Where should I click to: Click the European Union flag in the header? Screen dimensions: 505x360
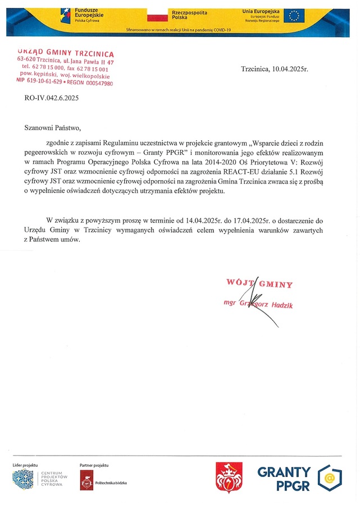(x=294, y=15)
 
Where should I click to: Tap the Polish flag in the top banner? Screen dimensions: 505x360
(x=157, y=15)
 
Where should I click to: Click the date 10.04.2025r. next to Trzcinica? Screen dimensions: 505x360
(x=290, y=70)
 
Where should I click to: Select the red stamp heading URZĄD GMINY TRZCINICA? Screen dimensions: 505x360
(x=66, y=53)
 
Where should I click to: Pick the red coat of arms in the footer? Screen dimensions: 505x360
(x=229, y=478)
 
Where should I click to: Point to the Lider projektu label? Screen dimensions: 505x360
(x=25, y=465)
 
